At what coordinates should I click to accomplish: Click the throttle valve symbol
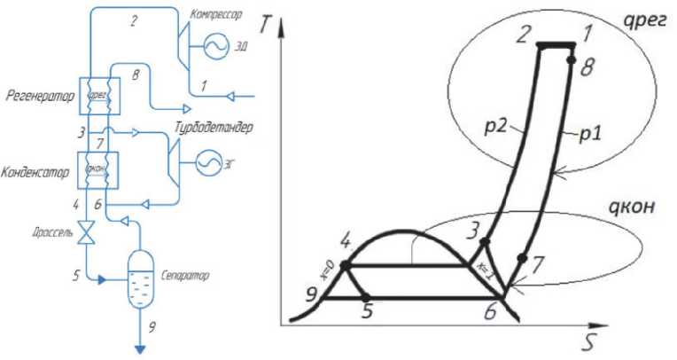click(86, 235)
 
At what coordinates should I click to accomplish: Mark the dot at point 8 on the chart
click(572, 60)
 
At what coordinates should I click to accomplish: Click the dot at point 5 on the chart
click(367, 297)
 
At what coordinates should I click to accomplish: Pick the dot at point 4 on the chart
click(346, 265)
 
